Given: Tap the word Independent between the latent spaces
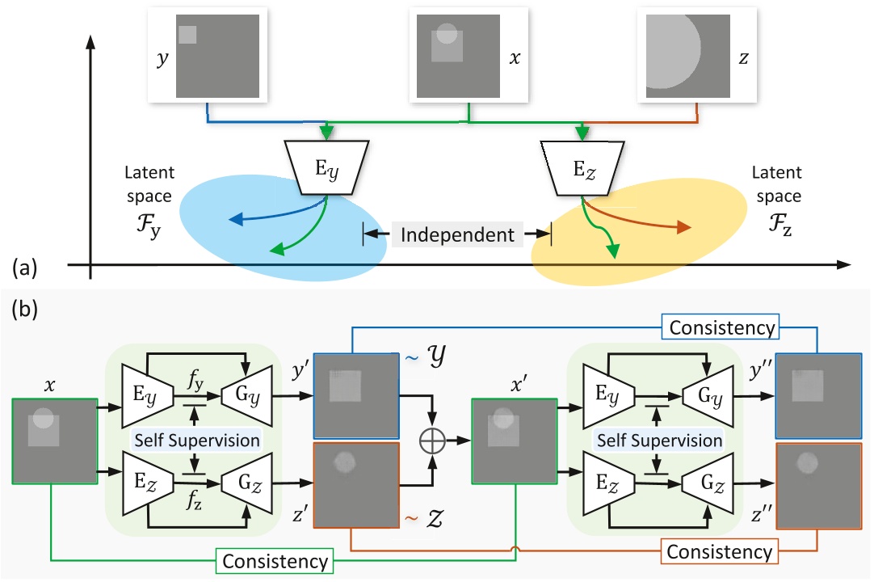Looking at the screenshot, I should tap(457, 235).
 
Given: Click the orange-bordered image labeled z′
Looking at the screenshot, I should tap(355, 486).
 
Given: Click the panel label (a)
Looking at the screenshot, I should tap(23, 265).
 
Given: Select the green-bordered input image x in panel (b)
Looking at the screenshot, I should tap(55, 441).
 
